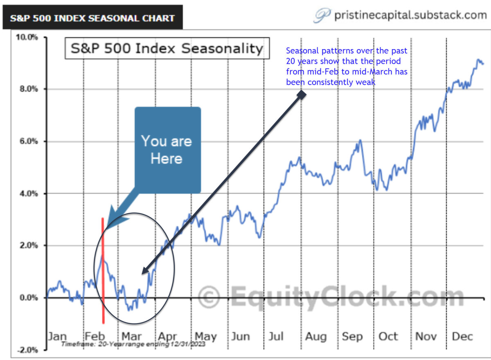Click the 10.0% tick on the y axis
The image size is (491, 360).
[27, 37]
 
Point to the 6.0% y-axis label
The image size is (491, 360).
[29, 142]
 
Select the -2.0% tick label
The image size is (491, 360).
[27, 350]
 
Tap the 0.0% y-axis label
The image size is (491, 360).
[29, 298]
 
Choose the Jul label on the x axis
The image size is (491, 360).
[276, 336]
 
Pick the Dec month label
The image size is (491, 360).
[462, 336]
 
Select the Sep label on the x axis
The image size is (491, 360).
[352, 336]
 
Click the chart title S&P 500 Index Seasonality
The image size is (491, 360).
[167, 49]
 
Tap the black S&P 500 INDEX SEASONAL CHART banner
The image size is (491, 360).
[92, 18]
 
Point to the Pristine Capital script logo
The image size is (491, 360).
[322, 16]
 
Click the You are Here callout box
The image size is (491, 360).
[167, 150]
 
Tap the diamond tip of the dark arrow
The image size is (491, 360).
[302, 94]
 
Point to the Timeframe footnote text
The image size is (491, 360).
[133, 344]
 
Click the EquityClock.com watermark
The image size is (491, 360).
[331, 296]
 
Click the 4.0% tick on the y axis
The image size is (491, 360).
[29, 193]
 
